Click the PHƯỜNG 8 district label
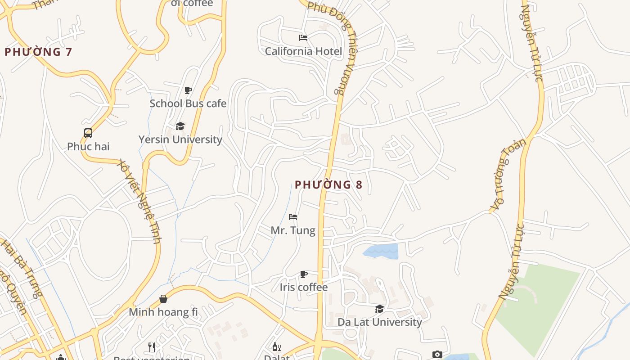point(328,184)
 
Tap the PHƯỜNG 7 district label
point(38,52)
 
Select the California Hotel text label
point(303,51)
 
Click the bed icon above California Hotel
point(303,38)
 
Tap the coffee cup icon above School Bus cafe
point(188,90)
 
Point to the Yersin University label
point(180,139)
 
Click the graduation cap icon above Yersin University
point(180,126)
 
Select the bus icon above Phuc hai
point(88,133)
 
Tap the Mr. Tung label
point(293,230)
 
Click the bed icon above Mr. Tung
point(293,217)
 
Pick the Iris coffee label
point(304,287)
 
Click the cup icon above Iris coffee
point(304,274)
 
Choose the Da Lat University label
point(380,322)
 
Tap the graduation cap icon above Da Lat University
point(380,309)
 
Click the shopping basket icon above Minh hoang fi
point(163,299)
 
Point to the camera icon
point(437,355)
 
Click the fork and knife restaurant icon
point(152,347)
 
